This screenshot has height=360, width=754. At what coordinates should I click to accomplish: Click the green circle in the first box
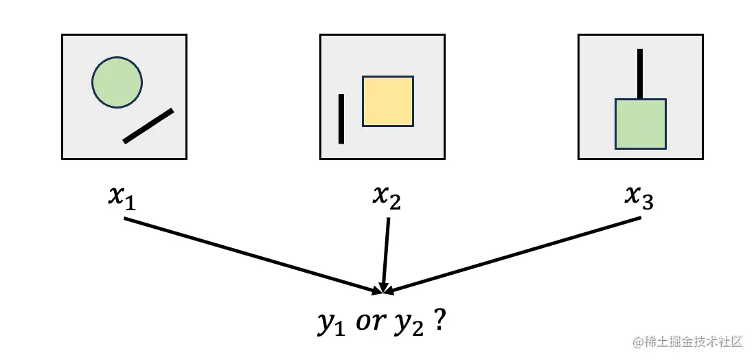click(x=117, y=82)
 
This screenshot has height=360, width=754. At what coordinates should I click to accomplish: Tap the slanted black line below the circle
click(x=148, y=126)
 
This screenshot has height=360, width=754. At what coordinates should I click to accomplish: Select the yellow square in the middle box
click(x=388, y=101)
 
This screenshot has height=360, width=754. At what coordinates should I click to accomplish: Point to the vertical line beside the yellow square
click(x=341, y=119)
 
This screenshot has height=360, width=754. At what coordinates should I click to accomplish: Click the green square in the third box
click(x=641, y=124)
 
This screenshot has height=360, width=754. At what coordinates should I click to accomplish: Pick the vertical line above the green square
click(x=640, y=74)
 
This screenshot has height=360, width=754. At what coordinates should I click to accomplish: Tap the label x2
click(x=386, y=197)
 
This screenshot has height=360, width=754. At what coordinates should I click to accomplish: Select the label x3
click(x=639, y=197)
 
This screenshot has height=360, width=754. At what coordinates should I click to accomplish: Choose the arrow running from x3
click(x=515, y=254)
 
